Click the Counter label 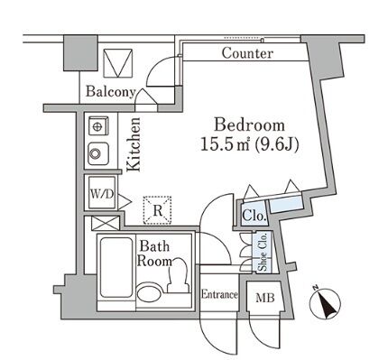[x=247, y=53]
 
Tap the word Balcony [x=111, y=91]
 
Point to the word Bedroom [x=249, y=125]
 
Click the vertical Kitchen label [x=134, y=144]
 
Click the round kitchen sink [x=98, y=153]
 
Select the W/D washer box [x=102, y=194]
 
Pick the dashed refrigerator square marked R [x=157, y=210]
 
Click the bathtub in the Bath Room [x=116, y=267]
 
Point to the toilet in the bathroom [x=179, y=275]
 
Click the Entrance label [x=219, y=294]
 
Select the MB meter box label [x=265, y=298]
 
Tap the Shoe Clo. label [x=263, y=252]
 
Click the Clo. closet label [x=254, y=215]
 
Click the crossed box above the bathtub [x=105, y=224]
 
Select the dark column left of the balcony [x=81, y=53]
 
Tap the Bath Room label [x=154, y=254]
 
